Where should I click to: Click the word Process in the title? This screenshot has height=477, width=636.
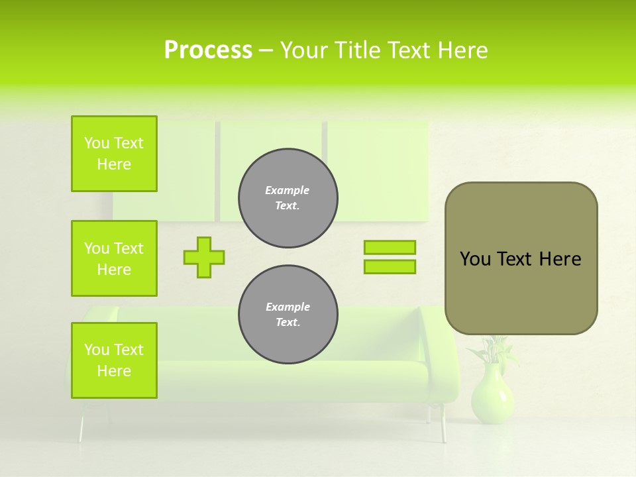coord(208,50)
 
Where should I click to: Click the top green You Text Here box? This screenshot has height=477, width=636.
coord(114,154)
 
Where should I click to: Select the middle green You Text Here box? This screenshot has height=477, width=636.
coord(114,258)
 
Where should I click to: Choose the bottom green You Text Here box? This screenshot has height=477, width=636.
coord(114,360)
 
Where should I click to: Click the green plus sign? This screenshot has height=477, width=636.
coord(204,257)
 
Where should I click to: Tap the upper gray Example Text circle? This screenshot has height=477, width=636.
coord(288,198)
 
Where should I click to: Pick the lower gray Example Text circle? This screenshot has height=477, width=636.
coord(288,315)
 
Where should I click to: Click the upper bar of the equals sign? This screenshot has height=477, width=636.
coord(390,247)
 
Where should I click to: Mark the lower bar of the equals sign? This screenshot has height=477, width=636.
coord(390,267)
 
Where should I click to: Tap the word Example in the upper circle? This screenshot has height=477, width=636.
coord(288,190)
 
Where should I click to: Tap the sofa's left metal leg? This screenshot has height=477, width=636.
coord(81,427)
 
